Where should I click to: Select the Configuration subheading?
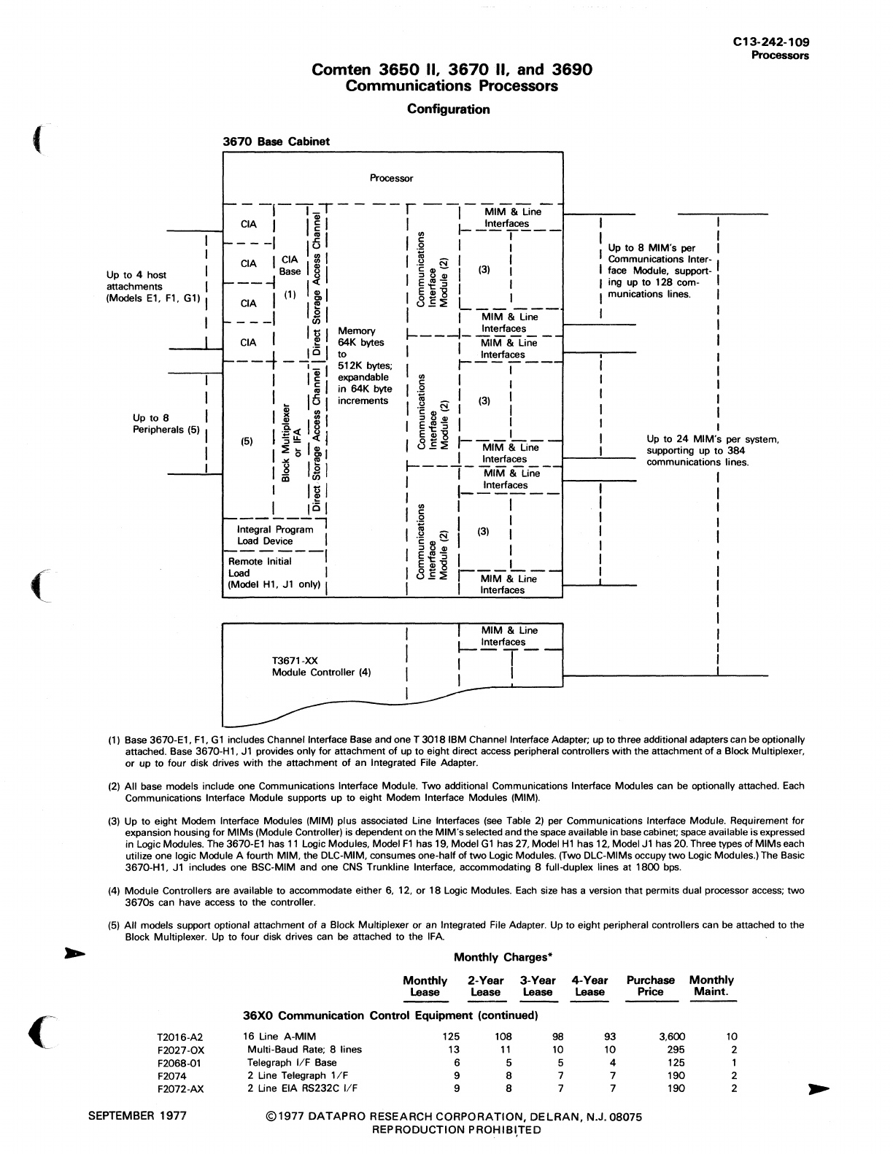point(448,109)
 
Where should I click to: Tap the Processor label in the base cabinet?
point(391,178)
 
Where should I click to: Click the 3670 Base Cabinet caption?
point(276,142)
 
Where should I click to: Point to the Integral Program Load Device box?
point(274,535)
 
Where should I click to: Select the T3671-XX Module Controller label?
point(321,667)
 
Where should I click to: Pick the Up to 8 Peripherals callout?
point(166,424)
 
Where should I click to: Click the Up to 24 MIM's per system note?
point(713,451)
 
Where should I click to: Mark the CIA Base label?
point(290,266)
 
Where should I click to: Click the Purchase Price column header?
point(650,986)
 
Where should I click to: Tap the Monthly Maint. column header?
point(711,986)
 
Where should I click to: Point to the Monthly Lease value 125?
point(452,1037)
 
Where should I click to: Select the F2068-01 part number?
point(178,1063)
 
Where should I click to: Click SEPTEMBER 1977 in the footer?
point(137,1116)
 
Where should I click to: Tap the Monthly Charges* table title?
point(500,958)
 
